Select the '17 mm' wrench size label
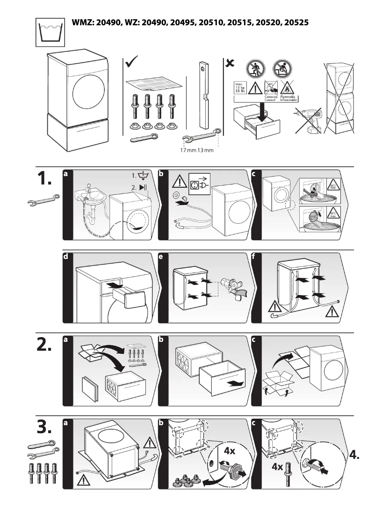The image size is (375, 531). pos(188,150)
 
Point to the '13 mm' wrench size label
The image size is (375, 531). pos(205,150)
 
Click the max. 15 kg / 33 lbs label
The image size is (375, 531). pos(239,88)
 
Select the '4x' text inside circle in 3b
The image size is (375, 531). pos(230,451)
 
